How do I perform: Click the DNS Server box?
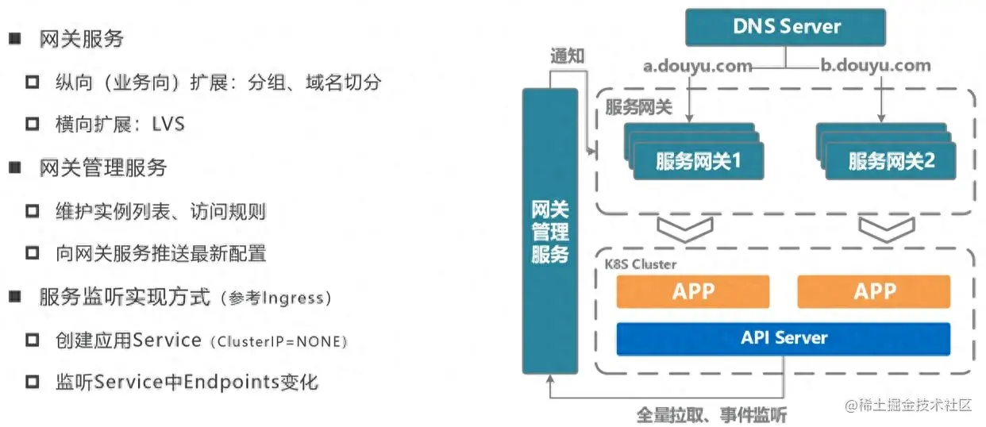(786, 27)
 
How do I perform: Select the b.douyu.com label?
(876, 66)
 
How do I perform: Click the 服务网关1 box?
(698, 161)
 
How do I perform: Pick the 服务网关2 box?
(891, 161)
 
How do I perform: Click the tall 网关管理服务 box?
(549, 231)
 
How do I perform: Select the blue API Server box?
(784, 338)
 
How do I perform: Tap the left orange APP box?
(692, 291)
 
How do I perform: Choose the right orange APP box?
(873, 291)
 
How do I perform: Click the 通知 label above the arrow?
(568, 56)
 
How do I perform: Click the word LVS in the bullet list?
(168, 125)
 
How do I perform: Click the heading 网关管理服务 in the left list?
(103, 168)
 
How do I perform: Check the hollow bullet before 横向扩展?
(33, 125)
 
